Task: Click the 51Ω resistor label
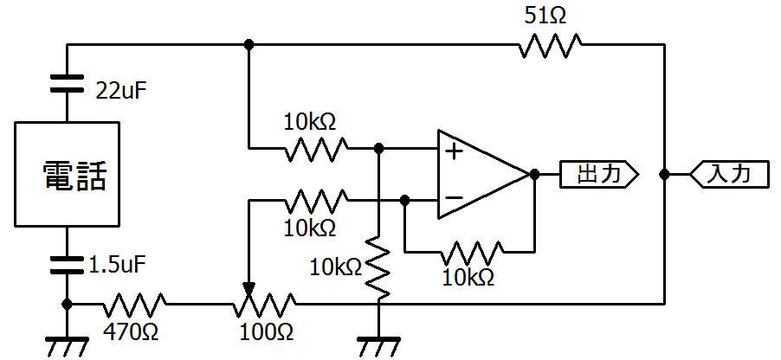click(x=545, y=16)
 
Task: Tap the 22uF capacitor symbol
click(x=68, y=83)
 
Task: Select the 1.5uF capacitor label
click(x=118, y=266)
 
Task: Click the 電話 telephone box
click(x=67, y=174)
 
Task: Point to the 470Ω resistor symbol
click(x=134, y=305)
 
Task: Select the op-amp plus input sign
click(x=453, y=151)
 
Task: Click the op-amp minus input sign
click(x=453, y=197)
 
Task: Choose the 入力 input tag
click(x=729, y=174)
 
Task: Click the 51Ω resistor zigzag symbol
click(x=550, y=45)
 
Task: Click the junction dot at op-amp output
click(x=534, y=174)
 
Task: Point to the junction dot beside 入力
click(x=664, y=174)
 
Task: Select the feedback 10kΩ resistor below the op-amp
click(x=472, y=253)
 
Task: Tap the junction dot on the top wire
click(x=249, y=45)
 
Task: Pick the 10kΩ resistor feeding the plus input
click(x=316, y=148)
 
